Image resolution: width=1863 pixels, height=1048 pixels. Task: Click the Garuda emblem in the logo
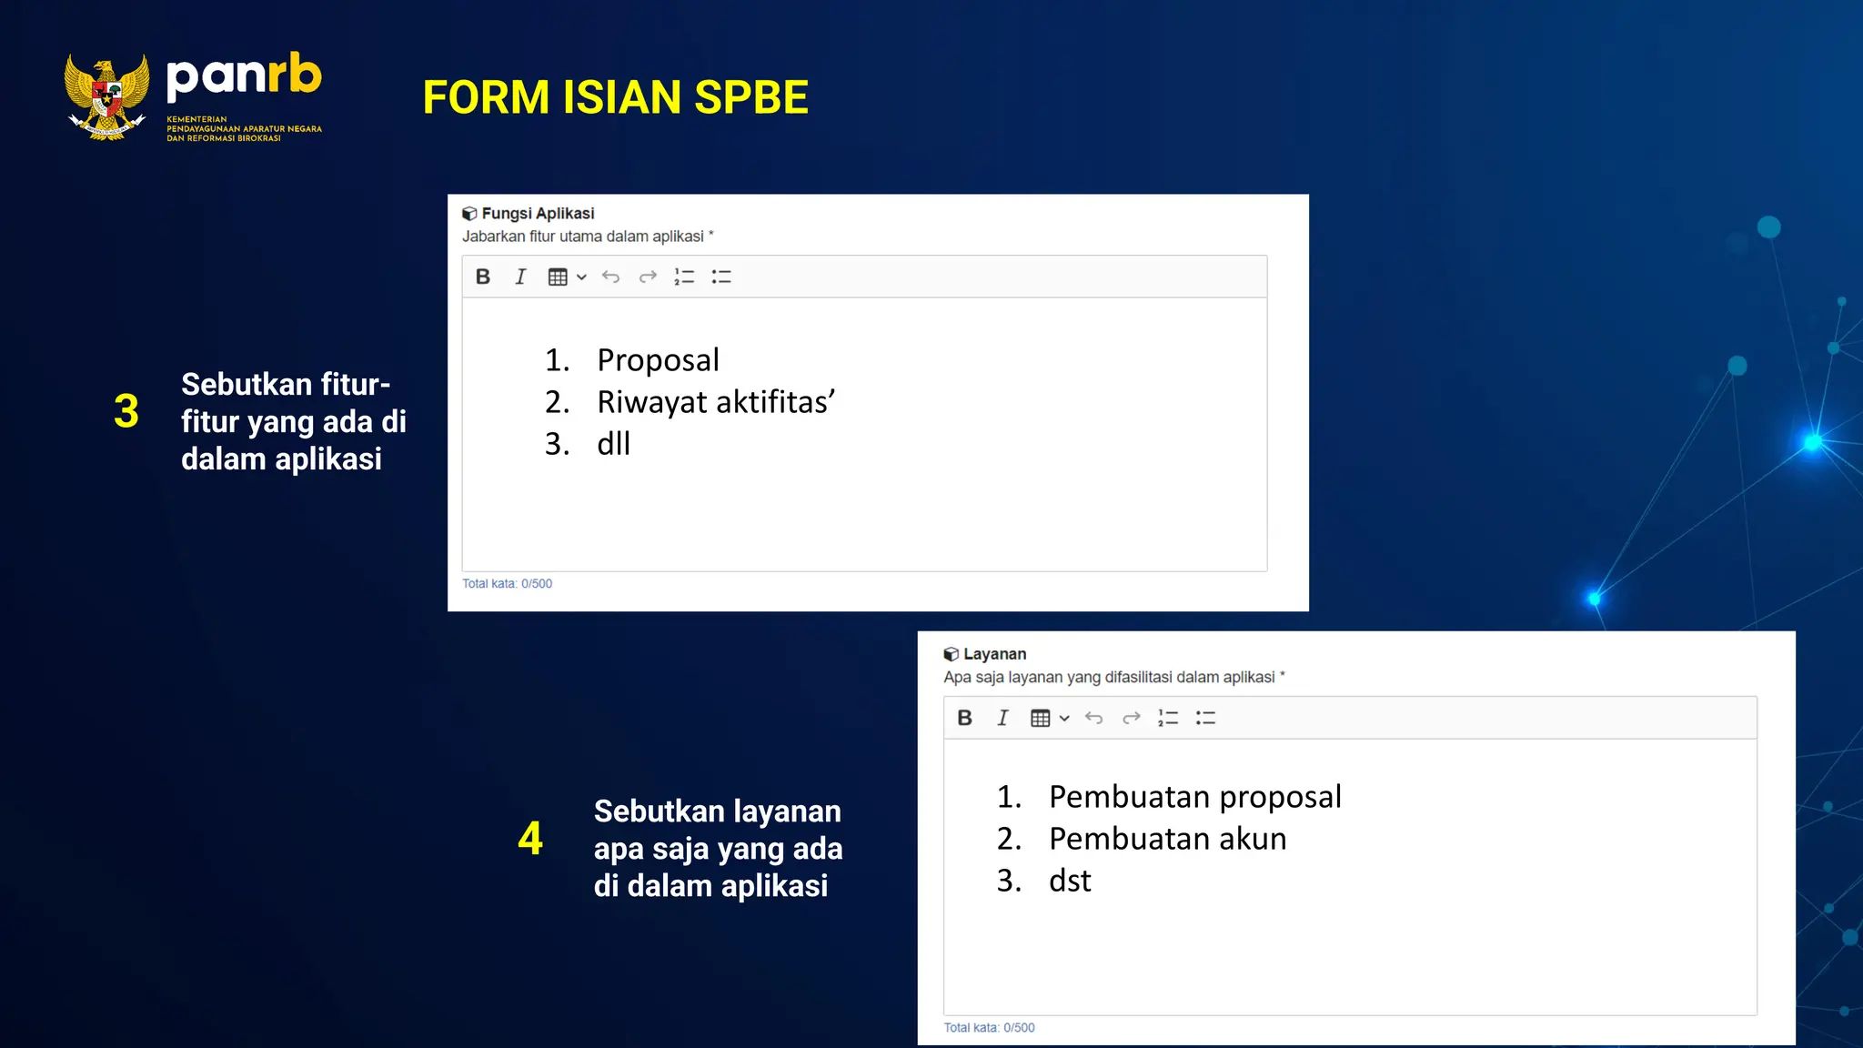pyautogui.click(x=106, y=96)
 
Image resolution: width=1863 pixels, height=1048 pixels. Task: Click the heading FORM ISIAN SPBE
pyautogui.click(x=615, y=97)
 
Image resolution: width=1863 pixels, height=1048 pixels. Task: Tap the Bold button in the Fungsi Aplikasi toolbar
pyautogui.click(x=483, y=277)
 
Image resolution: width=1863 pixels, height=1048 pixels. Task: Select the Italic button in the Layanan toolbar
pyautogui.click(x=1002, y=718)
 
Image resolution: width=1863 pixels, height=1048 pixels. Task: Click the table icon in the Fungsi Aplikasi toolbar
pyautogui.click(x=558, y=277)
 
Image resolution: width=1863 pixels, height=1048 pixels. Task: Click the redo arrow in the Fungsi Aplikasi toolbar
pyautogui.click(x=648, y=277)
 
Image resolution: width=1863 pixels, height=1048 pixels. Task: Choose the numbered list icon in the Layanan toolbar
pyautogui.click(x=1168, y=718)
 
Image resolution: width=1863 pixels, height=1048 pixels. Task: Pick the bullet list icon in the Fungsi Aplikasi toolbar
pyautogui.click(x=721, y=277)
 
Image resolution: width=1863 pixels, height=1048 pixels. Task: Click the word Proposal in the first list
pyautogui.click(x=658, y=360)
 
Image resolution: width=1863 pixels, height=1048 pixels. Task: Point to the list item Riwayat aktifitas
pyautogui.click(x=715, y=402)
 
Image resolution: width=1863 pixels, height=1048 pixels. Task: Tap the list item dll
pyautogui.click(x=613, y=444)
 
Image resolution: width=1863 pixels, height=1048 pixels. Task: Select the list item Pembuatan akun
pyautogui.click(x=1167, y=839)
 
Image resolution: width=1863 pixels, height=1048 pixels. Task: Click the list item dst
pyautogui.click(x=1070, y=881)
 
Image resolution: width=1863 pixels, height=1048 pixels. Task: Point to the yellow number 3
pyautogui.click(x=126, y=411)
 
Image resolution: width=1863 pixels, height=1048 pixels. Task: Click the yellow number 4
pyautogui.click(x=530, y=838)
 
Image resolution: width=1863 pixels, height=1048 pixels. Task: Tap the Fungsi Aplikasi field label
pyautogui.click(x=538, y=214)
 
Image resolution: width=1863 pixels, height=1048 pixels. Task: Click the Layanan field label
pyautogui.click(x=994, y=654)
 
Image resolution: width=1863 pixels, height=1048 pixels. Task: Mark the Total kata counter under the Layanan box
pyautogui.click(x=989, y=1028)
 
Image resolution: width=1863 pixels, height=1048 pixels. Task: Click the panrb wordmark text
pyautogui.click(x=244, y=76)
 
